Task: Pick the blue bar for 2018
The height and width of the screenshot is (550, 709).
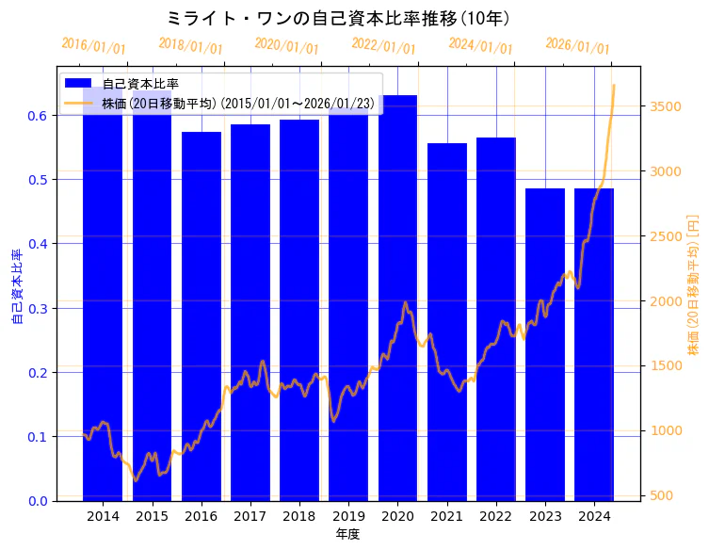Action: coord(299,310)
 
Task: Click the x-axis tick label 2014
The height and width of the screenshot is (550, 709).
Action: coord(103,516)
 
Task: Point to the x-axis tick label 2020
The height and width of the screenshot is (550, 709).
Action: coord(397,516)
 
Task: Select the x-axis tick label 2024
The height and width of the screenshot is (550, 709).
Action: coord(594,516)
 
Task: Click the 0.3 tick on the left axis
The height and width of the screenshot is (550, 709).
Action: coord(39,308)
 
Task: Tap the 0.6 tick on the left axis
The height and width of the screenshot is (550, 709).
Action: coord(39,116)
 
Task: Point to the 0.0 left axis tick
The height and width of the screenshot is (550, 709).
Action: coord(39,501)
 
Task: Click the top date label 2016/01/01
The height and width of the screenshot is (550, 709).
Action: coord(93,46)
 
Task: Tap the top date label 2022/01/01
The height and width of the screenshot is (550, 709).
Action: coord(383,46)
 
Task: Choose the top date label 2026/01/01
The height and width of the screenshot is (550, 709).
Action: coord(577,46)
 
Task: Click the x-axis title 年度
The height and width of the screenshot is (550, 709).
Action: coord(347,534)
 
